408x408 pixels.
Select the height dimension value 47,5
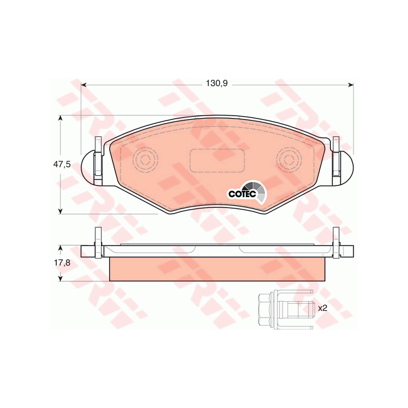click(x=60, y=164)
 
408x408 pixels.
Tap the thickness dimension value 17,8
click(x=61, y=264)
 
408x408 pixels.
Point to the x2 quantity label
click(x=323, y=308)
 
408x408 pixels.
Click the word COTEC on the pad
click(x=239, y=193)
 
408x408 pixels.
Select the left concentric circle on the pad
click(x=146, y=158)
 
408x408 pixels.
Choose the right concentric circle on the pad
click(x=289, y=158)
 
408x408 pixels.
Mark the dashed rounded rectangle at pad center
click(x=217, y=159)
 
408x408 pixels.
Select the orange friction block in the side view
click(x=217, y=269)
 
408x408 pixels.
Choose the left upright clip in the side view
click(x=97, y=242)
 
